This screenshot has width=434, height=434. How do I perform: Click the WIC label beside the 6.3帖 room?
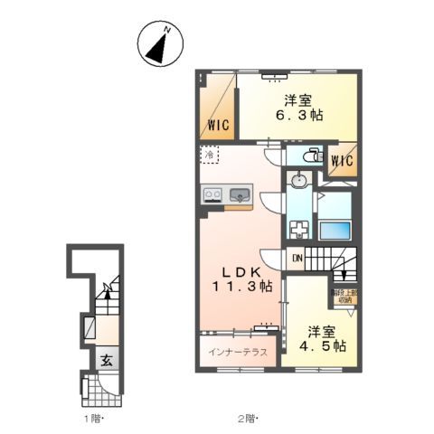[216, 126]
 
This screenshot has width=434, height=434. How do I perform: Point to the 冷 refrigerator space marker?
[209, 156]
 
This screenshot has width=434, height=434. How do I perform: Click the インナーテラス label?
[237, 352]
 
